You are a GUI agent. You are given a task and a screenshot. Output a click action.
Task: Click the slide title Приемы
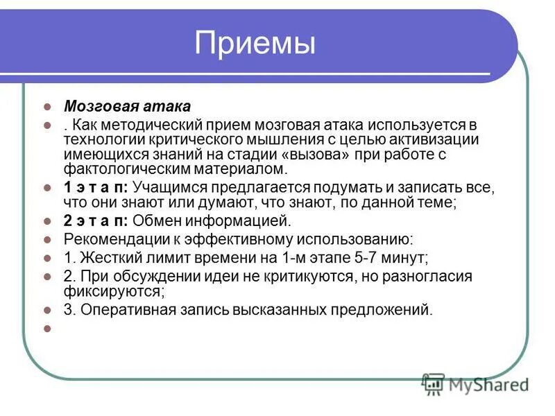coord(255,44)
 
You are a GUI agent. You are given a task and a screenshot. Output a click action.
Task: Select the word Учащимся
coord(164,188)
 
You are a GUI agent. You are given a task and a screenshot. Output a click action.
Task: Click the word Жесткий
coord(105,258)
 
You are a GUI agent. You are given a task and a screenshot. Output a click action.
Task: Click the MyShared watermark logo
coord(475,383)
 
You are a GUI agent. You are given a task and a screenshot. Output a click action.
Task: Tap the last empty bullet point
coord(48,329)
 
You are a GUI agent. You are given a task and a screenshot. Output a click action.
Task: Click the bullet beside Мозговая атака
coord(48,107)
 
